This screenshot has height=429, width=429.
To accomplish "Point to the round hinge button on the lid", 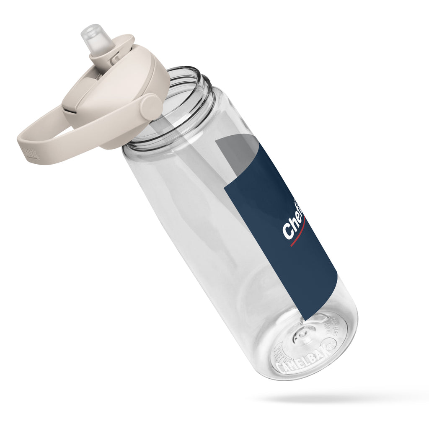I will pyautogui.click(x=151, y=107).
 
